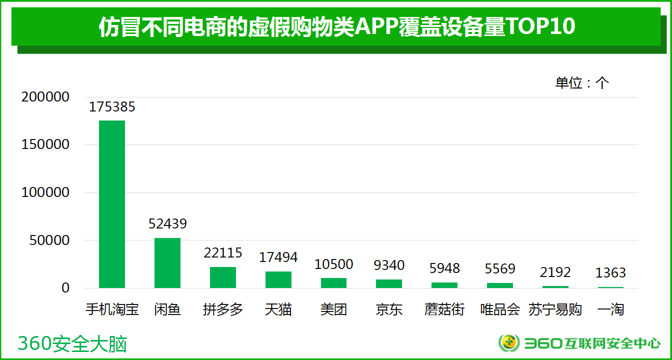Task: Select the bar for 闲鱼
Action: coord(167,263)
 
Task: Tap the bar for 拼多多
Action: coord(223,277)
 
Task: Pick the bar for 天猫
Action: coord(278,279)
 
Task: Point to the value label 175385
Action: coord(112,106)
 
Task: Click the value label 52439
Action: coord(167,223)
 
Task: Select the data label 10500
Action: coord(334,264)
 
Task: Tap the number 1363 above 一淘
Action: coord(610,273)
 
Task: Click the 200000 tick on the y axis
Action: coord(45,97)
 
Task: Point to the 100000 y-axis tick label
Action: coord(45,192)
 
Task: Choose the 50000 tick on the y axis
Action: coord(49,240)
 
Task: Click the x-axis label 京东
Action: coord(389,309)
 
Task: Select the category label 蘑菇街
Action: coord(444,309)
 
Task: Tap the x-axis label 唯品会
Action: coord(500,309)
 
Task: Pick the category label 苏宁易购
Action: coord(555,309)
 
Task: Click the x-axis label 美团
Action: coord(333,309)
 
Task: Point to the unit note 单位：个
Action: coord(582,83)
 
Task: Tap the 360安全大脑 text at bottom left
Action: coord(72,344)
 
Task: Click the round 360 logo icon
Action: coord(509,343)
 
